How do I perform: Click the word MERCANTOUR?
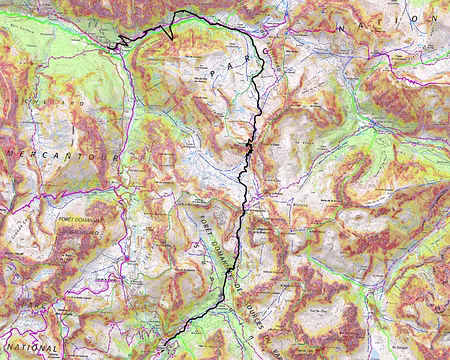point(61,157)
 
